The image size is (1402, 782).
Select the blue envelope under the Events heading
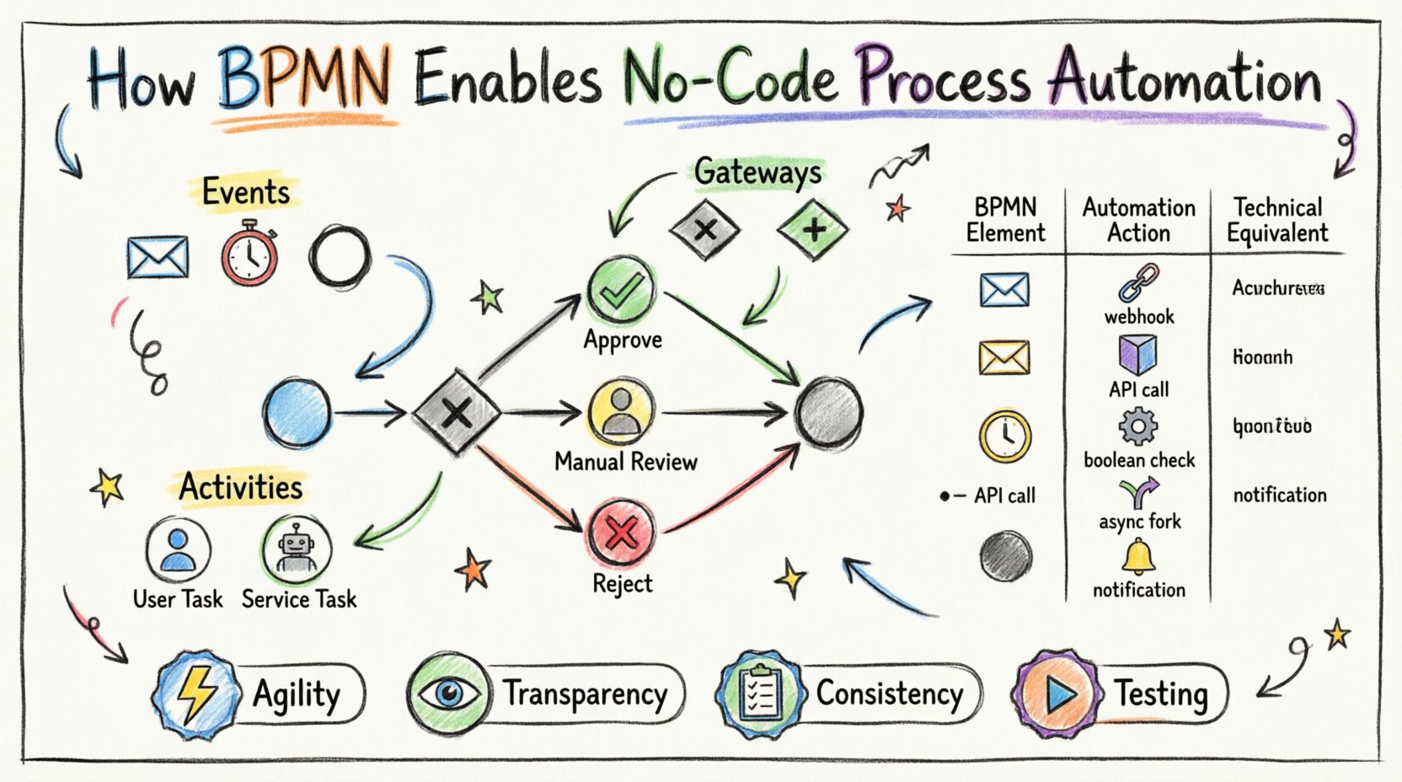click(158, 257)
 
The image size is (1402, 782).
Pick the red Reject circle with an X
click(622, 533)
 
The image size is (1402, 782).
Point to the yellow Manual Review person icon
click(622, 412)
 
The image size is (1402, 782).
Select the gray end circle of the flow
click(829, 413)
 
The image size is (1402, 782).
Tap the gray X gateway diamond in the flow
click(457, 413)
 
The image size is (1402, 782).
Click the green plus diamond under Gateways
click(813, 228)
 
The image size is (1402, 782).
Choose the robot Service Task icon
click(296, 549)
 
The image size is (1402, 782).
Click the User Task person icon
click(178, 549)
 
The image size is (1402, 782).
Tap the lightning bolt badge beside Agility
click(194, 694)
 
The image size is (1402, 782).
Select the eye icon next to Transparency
click(448, 694)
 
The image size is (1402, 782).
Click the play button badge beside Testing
click(1058, 694)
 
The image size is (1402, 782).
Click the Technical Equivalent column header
click(1277, 220)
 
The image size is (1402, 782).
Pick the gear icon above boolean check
click(1137, 427)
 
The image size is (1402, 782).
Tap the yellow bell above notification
click(1137, 557)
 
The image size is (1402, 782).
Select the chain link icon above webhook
click(1138, 282)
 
